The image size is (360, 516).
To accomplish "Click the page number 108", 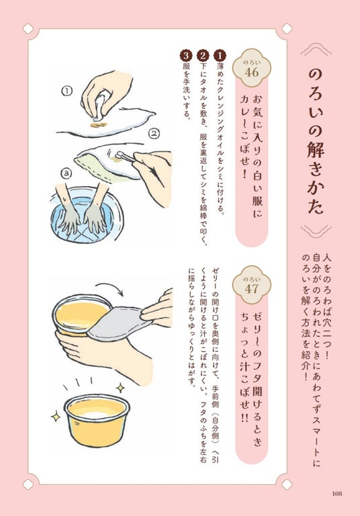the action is (x=337, y=494).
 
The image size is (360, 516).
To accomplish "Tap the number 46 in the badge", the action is (x=251, y=73).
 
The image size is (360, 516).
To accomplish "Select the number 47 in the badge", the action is (x=251, y=290).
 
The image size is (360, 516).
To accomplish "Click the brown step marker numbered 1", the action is (x=220, y=56).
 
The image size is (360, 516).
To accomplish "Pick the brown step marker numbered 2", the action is (x=203, y=56).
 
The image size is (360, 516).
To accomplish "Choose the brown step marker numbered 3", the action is (x=186, y=56).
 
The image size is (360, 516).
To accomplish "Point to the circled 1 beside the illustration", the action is (x=67, y=91).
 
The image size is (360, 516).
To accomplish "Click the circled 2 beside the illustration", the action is (x=154, y=133).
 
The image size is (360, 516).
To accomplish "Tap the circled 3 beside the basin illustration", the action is (x=67, y=173).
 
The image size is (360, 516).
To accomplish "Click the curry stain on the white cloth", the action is (x=98, y=125).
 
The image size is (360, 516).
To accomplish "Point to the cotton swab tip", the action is (x=120, y=153).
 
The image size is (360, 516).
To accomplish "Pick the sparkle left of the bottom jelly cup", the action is (x=56, y=417).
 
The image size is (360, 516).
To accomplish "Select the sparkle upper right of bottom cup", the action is (x=120, y=388).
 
